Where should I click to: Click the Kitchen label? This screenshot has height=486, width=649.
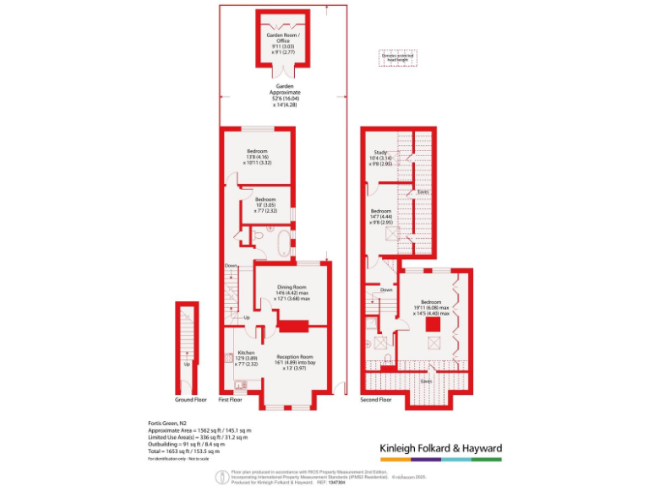click(246, 353)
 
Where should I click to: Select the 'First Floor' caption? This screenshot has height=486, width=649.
click(231, 399)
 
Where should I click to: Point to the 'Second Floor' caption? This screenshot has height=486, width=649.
click(376, 399)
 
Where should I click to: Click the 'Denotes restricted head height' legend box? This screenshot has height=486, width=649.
click(397, 58)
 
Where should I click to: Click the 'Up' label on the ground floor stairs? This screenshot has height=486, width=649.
click(186, 365)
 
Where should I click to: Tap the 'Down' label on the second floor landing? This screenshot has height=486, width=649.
click(386, 289)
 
